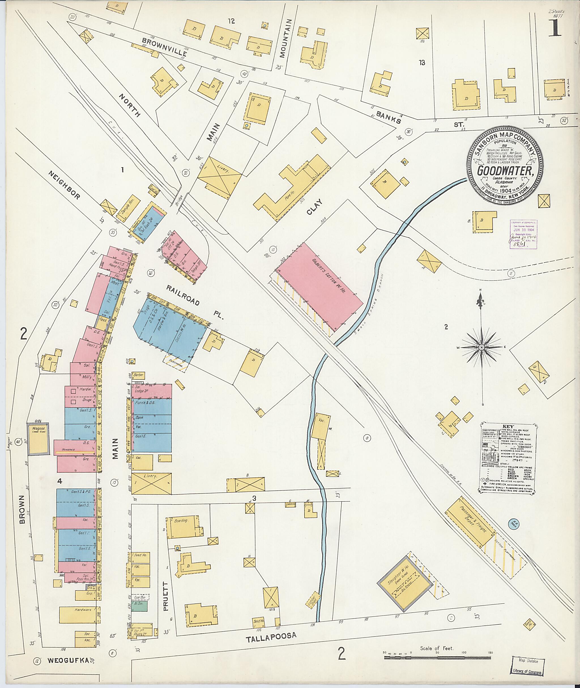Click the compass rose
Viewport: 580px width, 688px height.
tap(481, 347)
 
